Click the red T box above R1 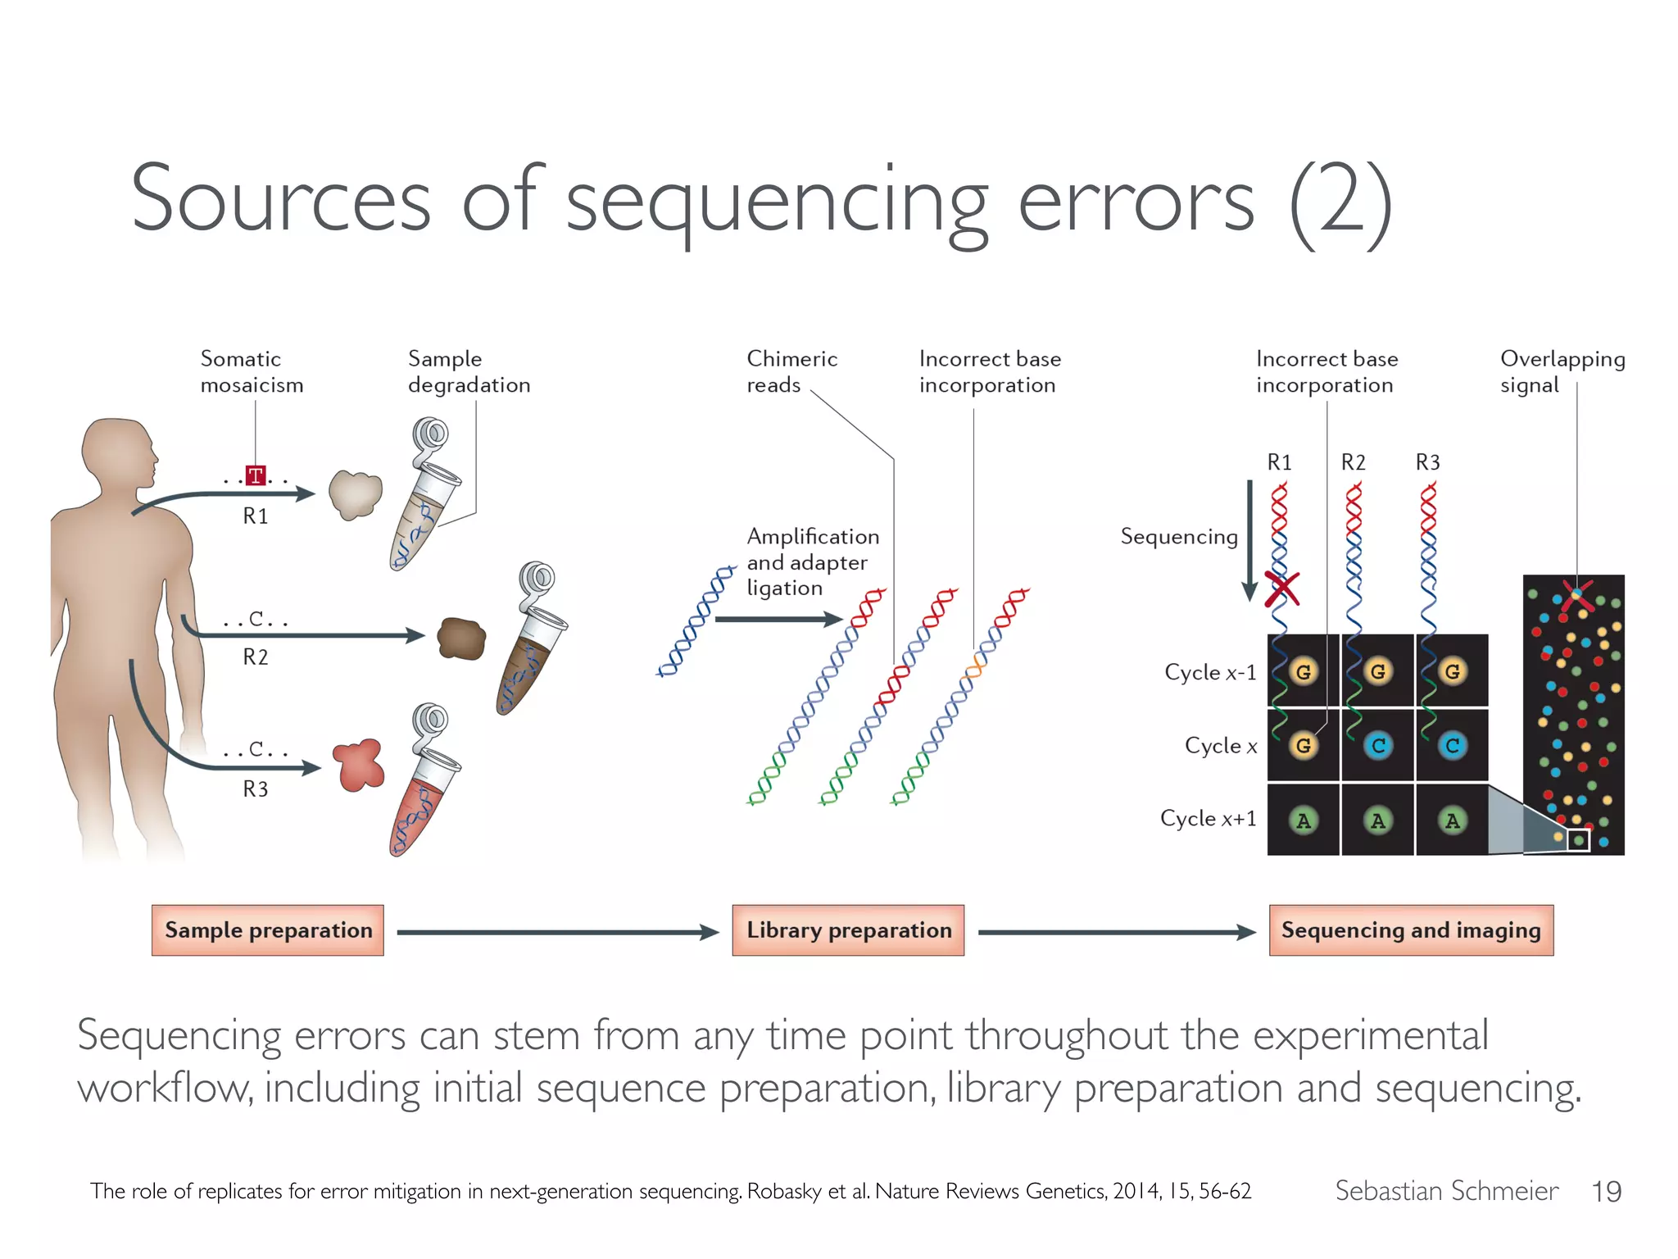pos(256,475)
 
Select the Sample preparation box pos(268,930)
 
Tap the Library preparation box pos(848,930)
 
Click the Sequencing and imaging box pos(1411,930)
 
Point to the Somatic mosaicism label pos(252,371)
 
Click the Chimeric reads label pos(791,371)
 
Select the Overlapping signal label pos(1562,371)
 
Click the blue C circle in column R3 pos(1452,745)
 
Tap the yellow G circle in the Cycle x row pos(1303,745)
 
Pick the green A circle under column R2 pos(1377,820)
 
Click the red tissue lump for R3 pos(359,765)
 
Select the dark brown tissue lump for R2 pos(461,638)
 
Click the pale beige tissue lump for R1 pos(356,493)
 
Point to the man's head pos(119,456)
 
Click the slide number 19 pos(1606,1191)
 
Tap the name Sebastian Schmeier pos(1446,1191)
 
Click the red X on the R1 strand pos(1281,589)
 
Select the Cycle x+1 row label pos(1208,819)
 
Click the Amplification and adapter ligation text pos(811,562)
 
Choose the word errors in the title pos(1136,201)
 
